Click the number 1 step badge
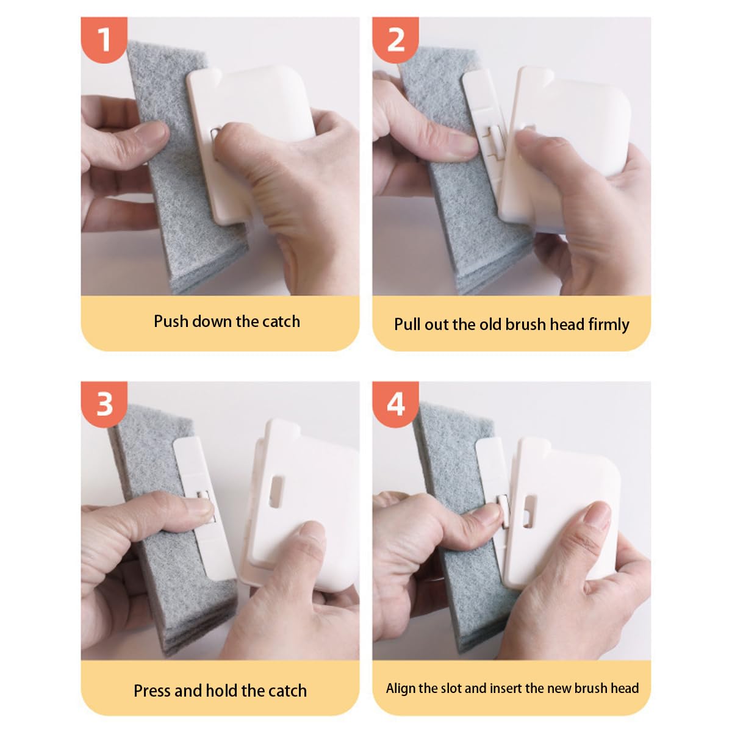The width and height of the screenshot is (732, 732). point(104,39)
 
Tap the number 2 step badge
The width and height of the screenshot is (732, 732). point(396,39)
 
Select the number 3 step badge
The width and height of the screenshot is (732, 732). point(104,404)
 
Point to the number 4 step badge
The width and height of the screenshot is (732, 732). point(396,404)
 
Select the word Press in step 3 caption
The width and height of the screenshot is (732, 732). point(152,691)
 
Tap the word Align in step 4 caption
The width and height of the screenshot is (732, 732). point(401,688)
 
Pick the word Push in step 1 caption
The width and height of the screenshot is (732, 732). point(171,321)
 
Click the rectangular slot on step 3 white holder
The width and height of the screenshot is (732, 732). point(276,492)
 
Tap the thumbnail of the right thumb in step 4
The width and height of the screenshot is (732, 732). point(597,517)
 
